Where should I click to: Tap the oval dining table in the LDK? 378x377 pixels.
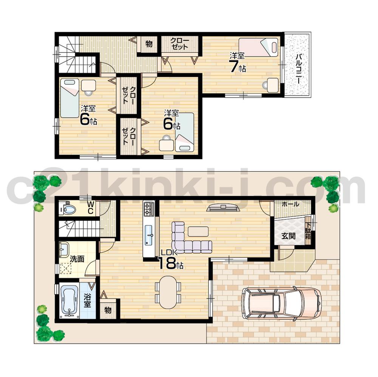[168, 292]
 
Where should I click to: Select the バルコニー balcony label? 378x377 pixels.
[298, 70]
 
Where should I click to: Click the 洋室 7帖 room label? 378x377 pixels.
[238, 63]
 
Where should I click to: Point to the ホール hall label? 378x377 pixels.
[291, 204]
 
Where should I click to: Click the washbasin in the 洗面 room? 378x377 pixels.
[64, 249]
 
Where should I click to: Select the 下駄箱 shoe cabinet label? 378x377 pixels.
[308, 231]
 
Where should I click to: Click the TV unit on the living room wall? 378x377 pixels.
[222, 207]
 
